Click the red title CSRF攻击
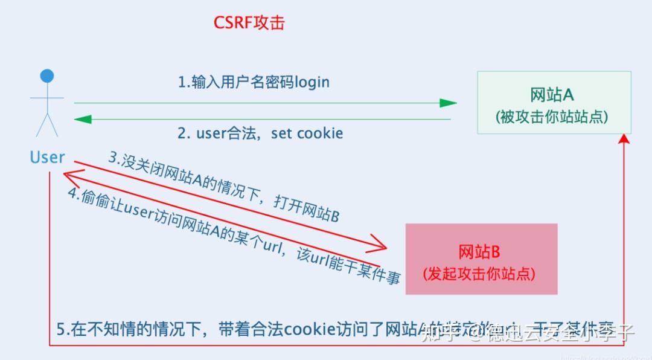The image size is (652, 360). click(249, 23)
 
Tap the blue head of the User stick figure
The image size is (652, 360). click(47, 76)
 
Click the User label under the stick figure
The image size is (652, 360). click(47, 157)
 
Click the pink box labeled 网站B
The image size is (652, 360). click(481, 259)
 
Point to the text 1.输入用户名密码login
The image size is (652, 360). click(254, 82)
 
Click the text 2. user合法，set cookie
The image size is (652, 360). click(260, 133)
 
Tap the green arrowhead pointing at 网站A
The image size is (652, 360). click(448, 103)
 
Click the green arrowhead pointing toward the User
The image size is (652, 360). click(83, 119)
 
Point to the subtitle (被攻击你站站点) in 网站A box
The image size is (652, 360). click(552, 117)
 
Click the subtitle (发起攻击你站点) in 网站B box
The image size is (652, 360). click(480, 273)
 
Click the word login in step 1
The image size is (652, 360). click(312, 82)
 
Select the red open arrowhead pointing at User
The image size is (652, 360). click(69, 176)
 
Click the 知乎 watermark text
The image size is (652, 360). click(437, 332)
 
